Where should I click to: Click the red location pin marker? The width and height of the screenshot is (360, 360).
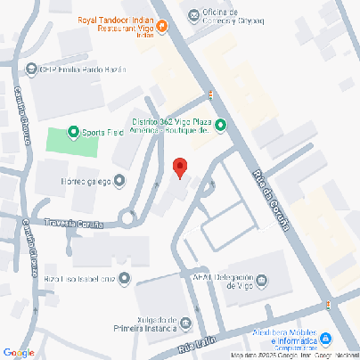tap(179, 167)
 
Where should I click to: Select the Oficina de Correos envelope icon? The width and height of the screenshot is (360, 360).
tap(194, 12)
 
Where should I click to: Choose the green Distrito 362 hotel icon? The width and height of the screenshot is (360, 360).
tap(220, 125)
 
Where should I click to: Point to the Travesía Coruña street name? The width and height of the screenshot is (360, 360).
tap(74, 224)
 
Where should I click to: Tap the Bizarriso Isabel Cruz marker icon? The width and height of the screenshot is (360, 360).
tap(124, 280)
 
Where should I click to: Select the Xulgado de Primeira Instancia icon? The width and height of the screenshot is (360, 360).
tap(185, 322)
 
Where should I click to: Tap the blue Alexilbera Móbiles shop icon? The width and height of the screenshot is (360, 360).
tap(326, 339)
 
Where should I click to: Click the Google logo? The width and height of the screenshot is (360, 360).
tap(19, 353)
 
